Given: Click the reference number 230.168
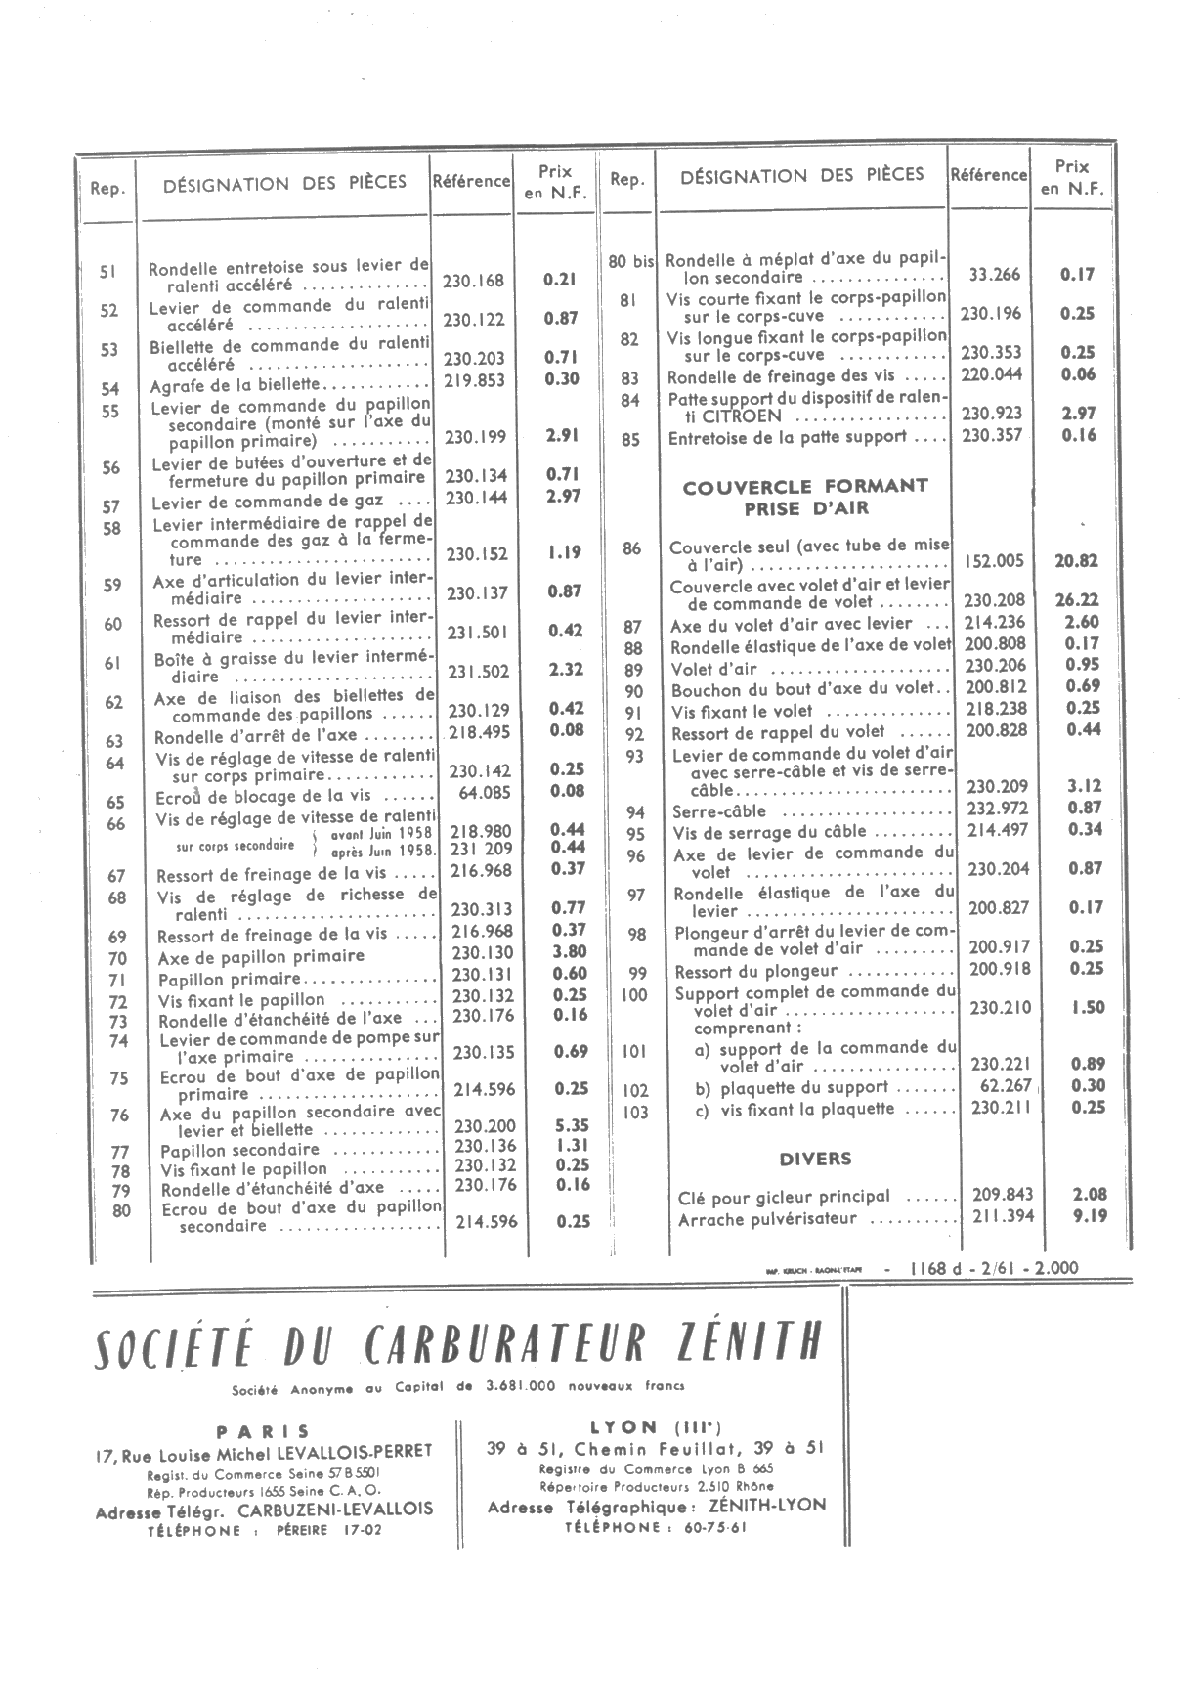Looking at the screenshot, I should (x=473, y=282).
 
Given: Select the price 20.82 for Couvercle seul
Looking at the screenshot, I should (x=1076, y=561).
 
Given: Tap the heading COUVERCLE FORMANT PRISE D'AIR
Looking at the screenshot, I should (x=805, y=497).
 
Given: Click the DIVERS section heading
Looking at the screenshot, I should (x=815, y=1160).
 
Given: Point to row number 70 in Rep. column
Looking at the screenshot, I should (x=118, y=959).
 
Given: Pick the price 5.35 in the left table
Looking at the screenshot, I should (x=571, y=1125).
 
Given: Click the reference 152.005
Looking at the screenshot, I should (x=994, y=561).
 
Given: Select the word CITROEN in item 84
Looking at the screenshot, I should (x=727, y=416).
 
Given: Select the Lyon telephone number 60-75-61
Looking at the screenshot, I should (x=705, y=1528).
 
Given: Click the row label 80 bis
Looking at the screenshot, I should (x=630, y=262).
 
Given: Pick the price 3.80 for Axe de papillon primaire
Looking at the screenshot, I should (x=569, y=951).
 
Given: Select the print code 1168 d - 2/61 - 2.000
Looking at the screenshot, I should (x=993, y=1268).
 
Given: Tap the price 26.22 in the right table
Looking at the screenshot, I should (x=1077, y=601).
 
